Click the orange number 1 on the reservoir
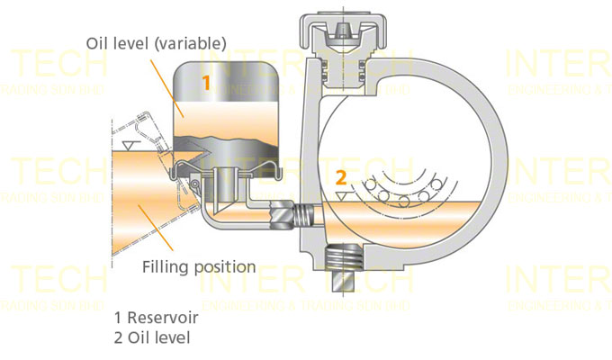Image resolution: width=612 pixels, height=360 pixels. coord(206,84)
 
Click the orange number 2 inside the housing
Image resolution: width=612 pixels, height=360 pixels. coord(340,176)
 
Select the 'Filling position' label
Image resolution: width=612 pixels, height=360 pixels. coord(199,267)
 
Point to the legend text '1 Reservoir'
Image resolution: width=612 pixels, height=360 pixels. coord(157,319)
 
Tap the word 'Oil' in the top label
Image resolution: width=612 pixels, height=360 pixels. coord(98,42)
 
